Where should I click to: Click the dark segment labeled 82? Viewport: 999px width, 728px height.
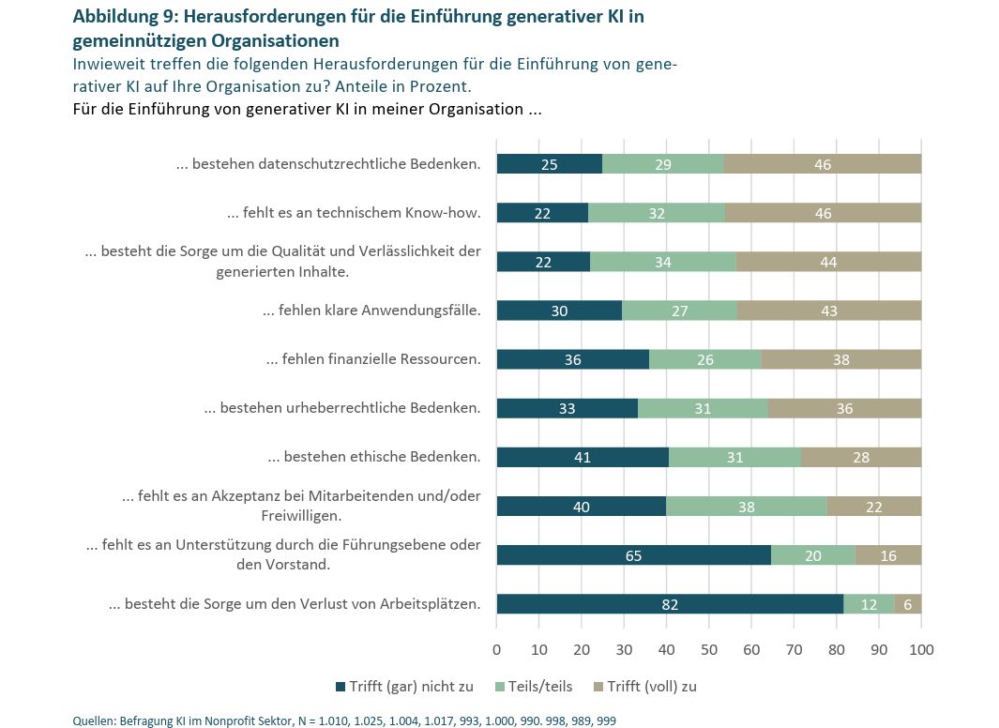(x=670, y=604)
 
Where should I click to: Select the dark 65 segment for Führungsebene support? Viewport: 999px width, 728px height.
(x=633, y=555)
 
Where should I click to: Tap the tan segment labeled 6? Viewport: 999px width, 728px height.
(x=908, y=604)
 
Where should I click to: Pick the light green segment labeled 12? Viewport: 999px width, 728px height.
(x=869, y=604)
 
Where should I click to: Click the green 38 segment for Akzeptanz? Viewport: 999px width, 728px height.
(x=746, y=507)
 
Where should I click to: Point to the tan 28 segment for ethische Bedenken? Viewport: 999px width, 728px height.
(x=861, y=457)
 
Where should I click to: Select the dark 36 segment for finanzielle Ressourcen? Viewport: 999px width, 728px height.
(x=572, y=359)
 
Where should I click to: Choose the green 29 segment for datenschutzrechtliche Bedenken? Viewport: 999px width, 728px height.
(x=663, y=164)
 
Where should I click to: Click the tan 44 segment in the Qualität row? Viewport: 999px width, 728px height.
(x=828, y=262)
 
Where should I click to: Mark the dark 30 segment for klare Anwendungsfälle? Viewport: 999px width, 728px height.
(x=559, y=311)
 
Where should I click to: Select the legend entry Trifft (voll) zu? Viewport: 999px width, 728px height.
(x=651, y=687)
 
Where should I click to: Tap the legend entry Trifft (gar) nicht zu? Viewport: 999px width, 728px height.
(x=410, y=687)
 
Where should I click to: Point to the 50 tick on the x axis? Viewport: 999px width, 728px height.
(x=709, y=648)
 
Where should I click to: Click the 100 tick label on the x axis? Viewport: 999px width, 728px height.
(x=921, y=648)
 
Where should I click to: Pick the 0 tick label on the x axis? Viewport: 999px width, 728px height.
(x=496, y=648)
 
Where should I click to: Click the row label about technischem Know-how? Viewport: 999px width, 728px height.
(x=354, y=213)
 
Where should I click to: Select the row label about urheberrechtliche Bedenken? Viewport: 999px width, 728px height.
(x=342, y=408)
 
